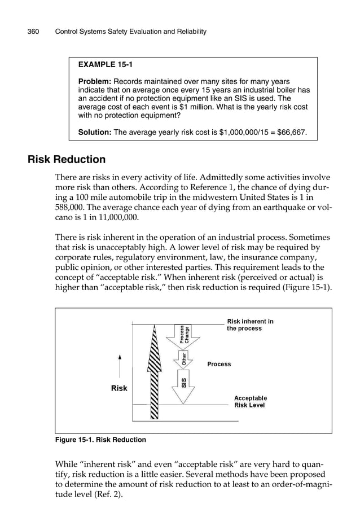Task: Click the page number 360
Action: point(33,32)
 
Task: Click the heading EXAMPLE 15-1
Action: point(106,65)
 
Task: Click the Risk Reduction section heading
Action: point(67,160)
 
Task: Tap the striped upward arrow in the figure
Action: point(153,372)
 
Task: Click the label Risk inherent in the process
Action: point(249,325)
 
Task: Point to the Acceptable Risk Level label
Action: point(250,402)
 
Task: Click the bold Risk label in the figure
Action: point(119,388)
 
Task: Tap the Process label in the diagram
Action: point(219,364)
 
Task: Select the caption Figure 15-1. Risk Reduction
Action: point(100,440)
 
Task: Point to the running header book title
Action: point(130,32)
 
